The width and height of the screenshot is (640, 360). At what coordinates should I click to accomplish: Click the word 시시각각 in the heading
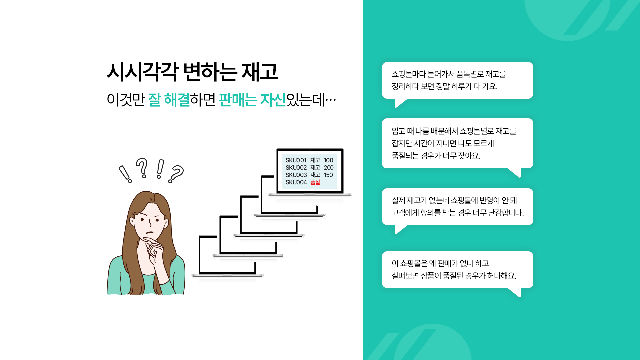point(143,72)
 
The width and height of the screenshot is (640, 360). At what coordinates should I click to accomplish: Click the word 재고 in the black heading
point(260,72)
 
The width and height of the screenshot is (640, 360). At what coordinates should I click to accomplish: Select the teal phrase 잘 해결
point(169,100)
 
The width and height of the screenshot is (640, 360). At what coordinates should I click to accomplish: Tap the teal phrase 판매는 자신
point(252,100)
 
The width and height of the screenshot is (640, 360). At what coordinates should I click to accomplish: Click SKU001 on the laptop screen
point(296,160)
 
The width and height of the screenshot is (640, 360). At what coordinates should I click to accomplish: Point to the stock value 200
point(328,168)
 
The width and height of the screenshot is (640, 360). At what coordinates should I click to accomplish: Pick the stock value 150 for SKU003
point(328,175)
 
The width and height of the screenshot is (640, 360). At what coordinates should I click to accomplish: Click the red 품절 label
point(315,182)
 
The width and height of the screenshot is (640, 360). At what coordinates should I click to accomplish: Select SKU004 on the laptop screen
point(296,182)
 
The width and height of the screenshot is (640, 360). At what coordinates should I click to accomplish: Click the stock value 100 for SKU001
point(328,160)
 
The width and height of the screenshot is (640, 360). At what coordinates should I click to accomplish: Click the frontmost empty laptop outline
point(227,256)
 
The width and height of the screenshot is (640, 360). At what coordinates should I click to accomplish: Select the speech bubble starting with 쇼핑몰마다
point(458,80)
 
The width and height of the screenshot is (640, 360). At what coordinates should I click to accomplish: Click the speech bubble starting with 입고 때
point(458,143)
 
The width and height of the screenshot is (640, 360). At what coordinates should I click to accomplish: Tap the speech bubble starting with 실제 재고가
point(458,207)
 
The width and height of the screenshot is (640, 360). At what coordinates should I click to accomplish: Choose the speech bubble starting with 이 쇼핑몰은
point(458,270)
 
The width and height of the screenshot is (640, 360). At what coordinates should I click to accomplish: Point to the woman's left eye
point(157,220)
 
